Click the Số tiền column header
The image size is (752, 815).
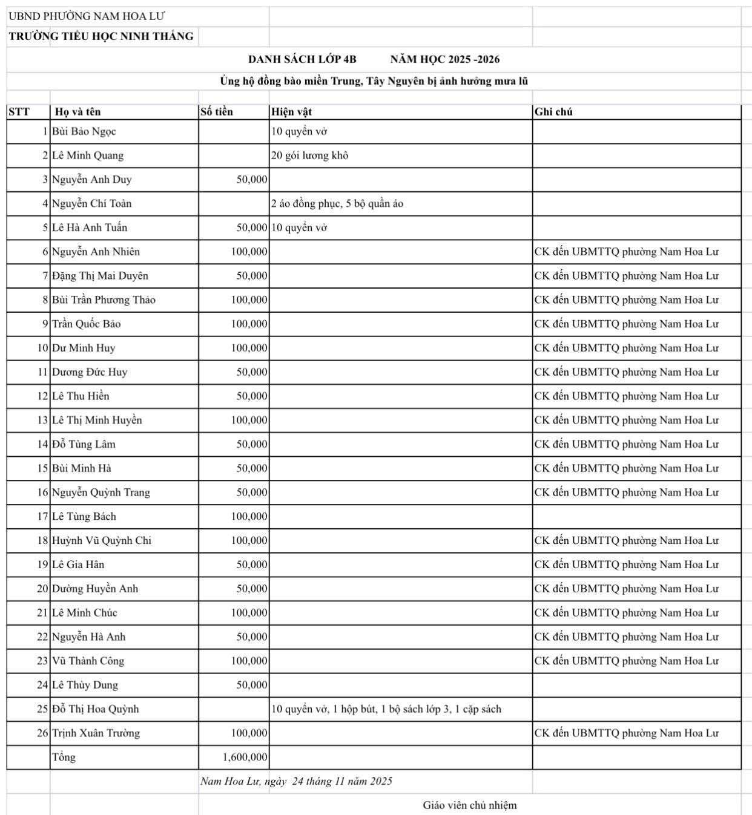point(217,112)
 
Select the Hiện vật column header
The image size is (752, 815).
point(292,112)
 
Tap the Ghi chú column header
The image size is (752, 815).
point(553,112)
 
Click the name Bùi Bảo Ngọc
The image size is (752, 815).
point(84,131)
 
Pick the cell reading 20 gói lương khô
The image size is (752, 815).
point(309,155)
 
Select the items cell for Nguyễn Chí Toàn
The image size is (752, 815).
point(337,204)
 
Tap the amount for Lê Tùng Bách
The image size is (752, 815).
point(249,517)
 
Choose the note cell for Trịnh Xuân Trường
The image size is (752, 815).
point(627,733)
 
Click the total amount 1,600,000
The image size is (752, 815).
point(245,758)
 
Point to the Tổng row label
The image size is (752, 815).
point(64,758)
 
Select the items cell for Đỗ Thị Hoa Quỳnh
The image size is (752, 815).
point(386,709)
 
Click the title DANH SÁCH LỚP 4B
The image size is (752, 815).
point(302,59)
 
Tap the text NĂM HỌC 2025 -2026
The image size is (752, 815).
point(445,59)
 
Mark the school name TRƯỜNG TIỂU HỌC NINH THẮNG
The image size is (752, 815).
point(101,36)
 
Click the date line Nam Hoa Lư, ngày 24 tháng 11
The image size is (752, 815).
point(296,781)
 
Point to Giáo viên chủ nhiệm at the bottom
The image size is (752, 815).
point(470,805)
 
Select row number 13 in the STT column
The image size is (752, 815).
point(42,421)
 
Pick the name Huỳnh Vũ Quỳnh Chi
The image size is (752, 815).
point(102,541)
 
